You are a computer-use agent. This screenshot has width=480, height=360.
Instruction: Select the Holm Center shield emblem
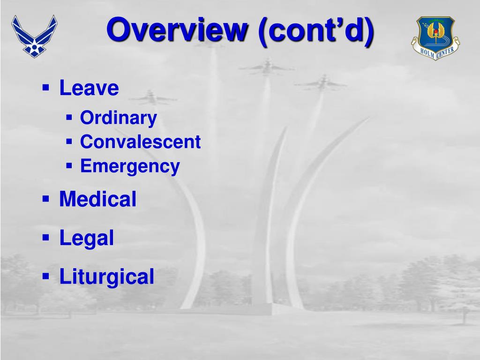pos(435,37)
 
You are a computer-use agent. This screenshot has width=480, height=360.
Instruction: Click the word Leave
pos(89,88)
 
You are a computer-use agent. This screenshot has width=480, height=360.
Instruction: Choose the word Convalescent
pos(140,142)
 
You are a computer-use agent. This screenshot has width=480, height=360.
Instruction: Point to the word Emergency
pos(130,166)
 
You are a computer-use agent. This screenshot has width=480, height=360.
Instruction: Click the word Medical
pos(97,199)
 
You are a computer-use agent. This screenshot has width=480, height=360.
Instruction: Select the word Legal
pos(86,238)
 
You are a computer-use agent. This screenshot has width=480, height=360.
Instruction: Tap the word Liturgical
pos(106,276)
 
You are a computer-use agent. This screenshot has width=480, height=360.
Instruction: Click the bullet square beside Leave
pos(46,87)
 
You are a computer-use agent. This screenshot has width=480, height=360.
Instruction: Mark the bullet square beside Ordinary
pos(69,117)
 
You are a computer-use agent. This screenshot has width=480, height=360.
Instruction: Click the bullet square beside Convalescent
pos(69,141)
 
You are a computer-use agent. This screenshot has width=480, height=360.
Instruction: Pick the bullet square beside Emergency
pos(69,165)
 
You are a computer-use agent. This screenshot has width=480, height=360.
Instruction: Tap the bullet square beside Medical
pos(46,199)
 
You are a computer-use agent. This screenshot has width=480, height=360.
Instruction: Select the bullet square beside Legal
pos(46,237)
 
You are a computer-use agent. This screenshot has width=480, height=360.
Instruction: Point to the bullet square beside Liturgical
pos(46,276)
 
